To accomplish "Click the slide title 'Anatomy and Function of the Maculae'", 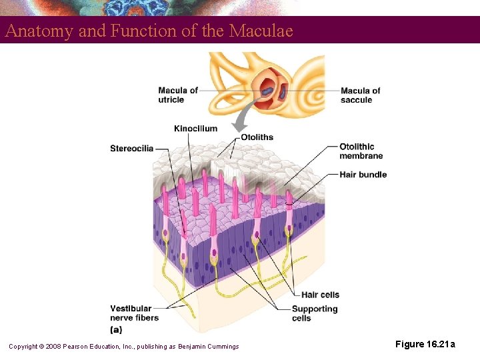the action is click(149, 31).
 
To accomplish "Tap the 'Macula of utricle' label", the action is click(178, 95).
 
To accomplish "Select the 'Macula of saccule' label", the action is click(360, 95).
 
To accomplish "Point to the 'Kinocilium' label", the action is click(195, 129).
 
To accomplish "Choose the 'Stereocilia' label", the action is click(132, 148).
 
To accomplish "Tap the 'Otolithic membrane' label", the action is click(361, 151).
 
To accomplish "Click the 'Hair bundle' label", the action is click(363, 175).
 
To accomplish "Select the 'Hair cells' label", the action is click(320, 295).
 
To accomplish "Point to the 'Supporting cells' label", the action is click(315, 313).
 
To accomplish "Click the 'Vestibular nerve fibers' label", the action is click(135, 313).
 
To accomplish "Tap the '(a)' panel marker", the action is click(116, 329).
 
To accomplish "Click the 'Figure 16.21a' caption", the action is click(425, 344).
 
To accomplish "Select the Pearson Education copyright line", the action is click(123, 346).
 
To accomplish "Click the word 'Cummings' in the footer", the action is click(223, 346).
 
